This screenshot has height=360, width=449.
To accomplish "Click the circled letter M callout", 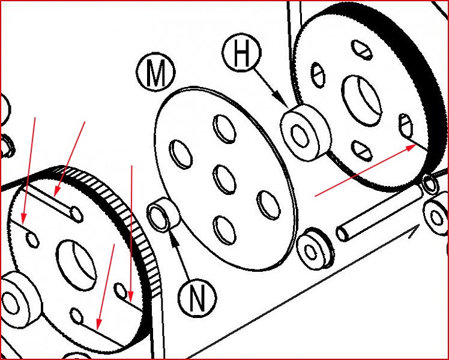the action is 155,72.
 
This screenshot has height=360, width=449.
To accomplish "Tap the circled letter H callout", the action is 242,53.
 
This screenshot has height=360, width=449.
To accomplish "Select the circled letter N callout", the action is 197,298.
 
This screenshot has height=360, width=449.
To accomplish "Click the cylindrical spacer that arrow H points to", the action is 306,132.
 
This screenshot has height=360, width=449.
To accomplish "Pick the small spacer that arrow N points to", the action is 162,214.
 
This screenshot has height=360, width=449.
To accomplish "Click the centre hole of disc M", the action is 224,180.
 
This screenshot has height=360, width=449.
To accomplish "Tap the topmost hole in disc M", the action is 224,129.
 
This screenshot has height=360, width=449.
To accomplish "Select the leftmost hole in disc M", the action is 181,154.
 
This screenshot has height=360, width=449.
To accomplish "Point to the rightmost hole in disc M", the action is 268,205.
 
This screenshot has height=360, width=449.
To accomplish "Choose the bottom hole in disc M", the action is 224,230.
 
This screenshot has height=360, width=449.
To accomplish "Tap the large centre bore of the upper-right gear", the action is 362,101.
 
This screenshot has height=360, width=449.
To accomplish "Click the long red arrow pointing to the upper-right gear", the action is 366,170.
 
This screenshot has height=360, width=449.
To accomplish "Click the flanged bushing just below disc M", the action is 315,249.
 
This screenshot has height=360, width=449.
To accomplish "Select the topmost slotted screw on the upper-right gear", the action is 362,50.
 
